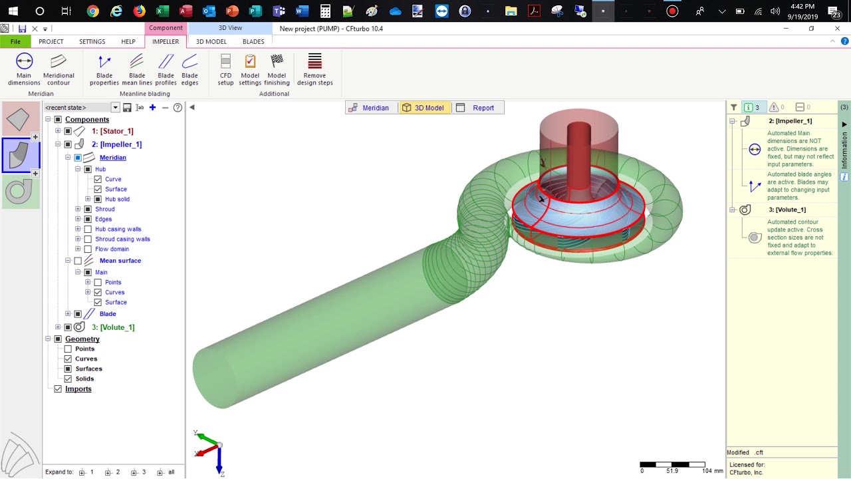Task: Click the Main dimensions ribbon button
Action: pyautogui.click(x=24, y=69)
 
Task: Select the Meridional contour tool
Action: pyautogui.click(x=59, y=69)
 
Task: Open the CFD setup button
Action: pyautogui.click(x=225, y=69)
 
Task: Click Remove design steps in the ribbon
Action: pyautogui.click(x=314, y=69)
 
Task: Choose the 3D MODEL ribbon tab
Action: pyautogui.click(x=211, y=41)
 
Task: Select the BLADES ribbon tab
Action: pyautogui.click(x=253, y=41)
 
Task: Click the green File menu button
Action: pyautogui.click(x=15, y=41)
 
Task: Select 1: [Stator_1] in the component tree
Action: pyautogui.click(x=112, y=131)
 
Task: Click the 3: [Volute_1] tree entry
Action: pyautogui.click(x=113, y=327)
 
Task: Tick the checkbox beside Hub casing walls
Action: pyautogui.click(x=88, y=229)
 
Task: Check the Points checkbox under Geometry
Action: pyautogui.click(x=68, y=349)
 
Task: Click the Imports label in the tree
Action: pyautogui.click(x=78, y=389)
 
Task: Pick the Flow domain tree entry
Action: pyautogui.click(x=112, y=249)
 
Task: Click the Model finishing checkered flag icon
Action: pyautogui.click(x=277, y=61)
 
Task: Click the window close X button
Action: pyautogui.click(x=837, y=29)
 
